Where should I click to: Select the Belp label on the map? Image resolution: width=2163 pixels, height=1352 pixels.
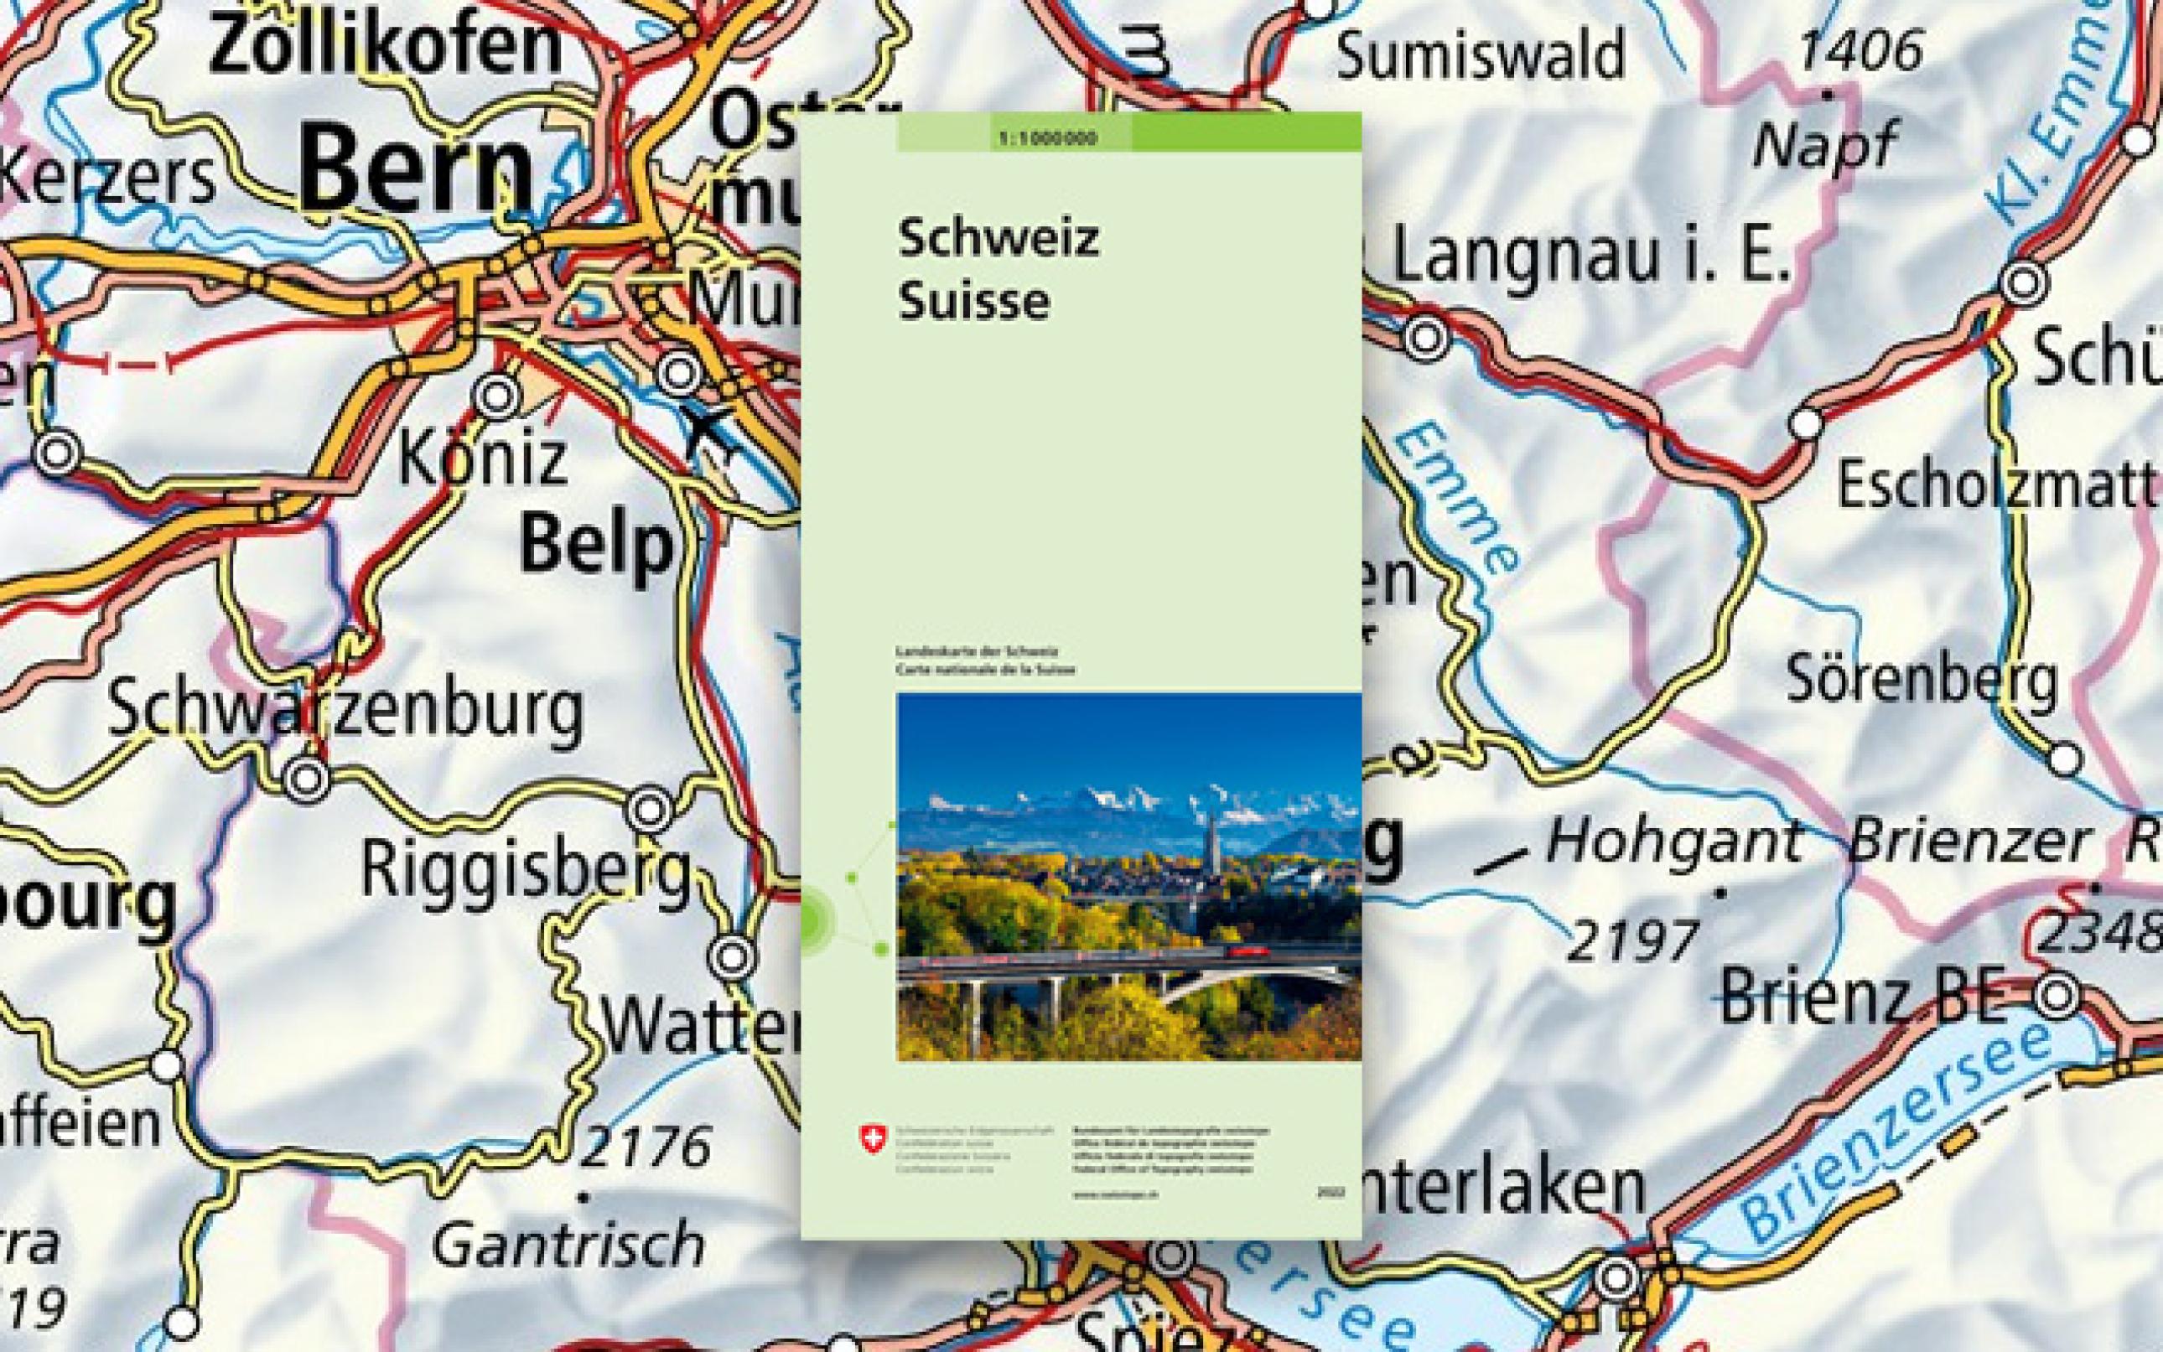596,544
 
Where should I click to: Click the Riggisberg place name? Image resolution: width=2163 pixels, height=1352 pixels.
526,869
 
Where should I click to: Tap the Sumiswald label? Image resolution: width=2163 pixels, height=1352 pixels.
1480,55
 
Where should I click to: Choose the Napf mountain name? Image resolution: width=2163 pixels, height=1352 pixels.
1823,145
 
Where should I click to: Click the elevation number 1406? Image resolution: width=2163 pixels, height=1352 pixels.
1859,51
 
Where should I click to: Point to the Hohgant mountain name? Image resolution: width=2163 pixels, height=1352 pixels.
1673,842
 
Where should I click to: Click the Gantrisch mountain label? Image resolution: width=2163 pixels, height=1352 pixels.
568,1245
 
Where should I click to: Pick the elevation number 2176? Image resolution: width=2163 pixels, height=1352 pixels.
646,1147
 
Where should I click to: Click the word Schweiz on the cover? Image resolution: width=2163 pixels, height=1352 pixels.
999,239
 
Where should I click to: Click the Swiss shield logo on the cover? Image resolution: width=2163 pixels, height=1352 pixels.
870,1138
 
